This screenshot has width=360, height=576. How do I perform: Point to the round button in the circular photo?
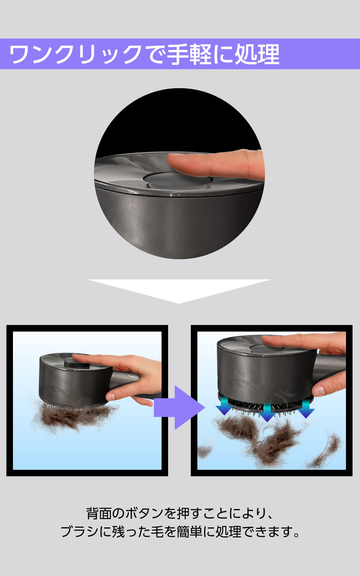[177, 179]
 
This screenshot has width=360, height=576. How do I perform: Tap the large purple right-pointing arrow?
[180, 408]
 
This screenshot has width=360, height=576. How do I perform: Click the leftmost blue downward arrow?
[224, 406]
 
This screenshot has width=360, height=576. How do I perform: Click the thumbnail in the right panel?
[319, 391]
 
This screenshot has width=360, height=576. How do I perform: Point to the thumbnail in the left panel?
[110, 396]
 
